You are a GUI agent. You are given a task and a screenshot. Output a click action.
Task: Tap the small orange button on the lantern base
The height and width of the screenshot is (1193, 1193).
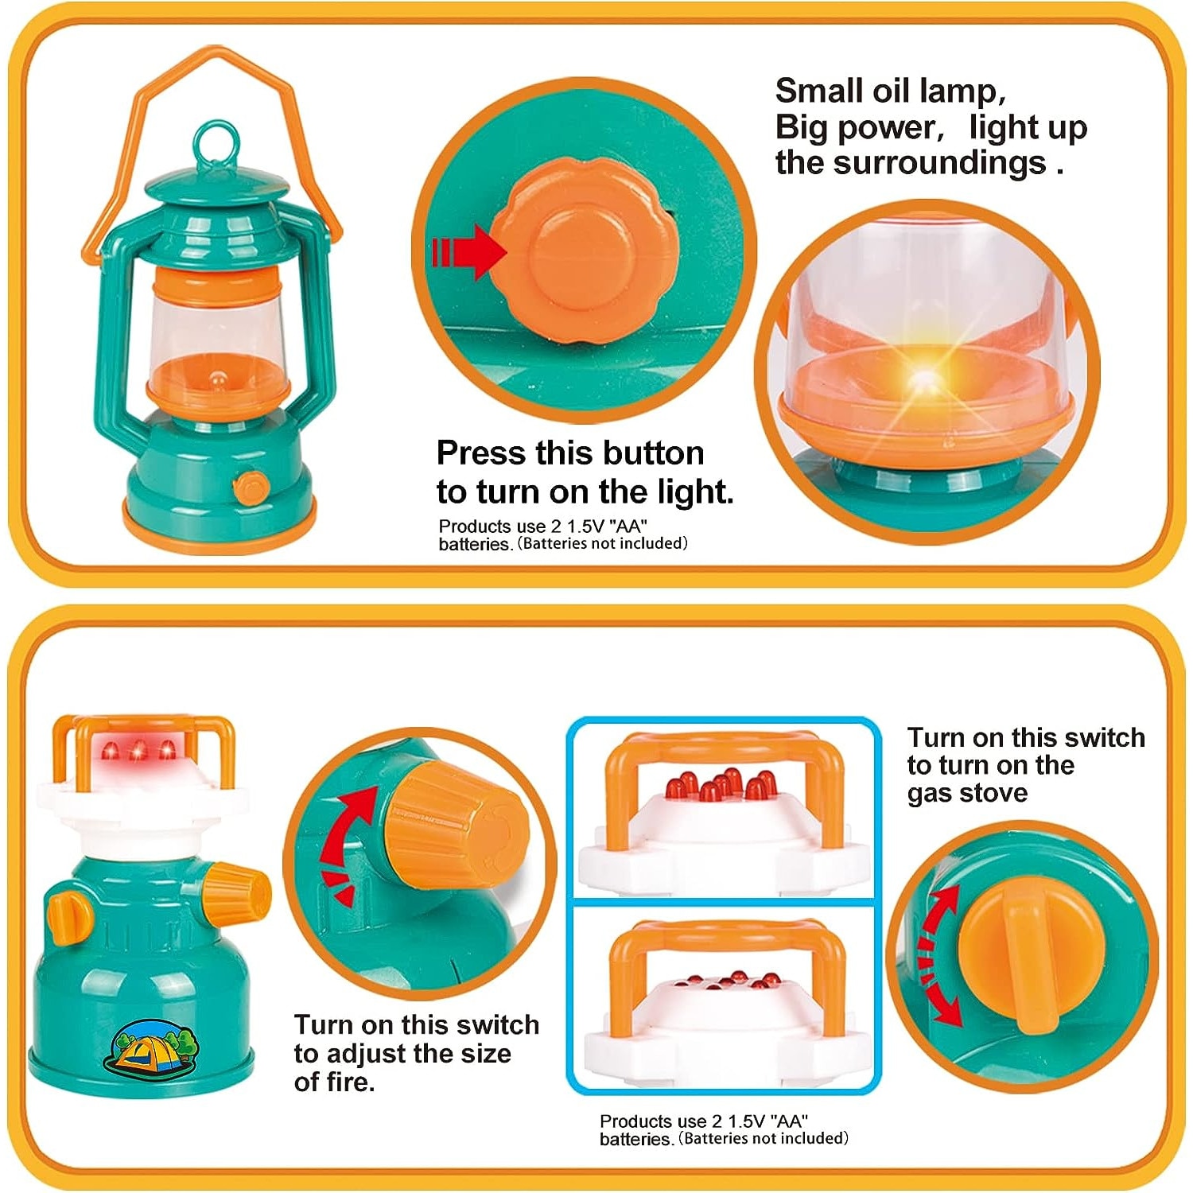(x=251, y=486)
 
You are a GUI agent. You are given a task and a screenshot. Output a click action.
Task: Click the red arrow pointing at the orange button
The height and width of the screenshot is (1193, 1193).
(x=469, y=251)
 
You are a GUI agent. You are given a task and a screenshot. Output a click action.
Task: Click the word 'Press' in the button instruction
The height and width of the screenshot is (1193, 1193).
(x=481, y=453)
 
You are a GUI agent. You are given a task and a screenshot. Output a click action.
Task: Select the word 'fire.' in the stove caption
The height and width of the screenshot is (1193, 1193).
(x=335, y=1082)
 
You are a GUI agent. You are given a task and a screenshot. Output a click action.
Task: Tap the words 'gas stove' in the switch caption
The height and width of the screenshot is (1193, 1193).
(x=967, y=793)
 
